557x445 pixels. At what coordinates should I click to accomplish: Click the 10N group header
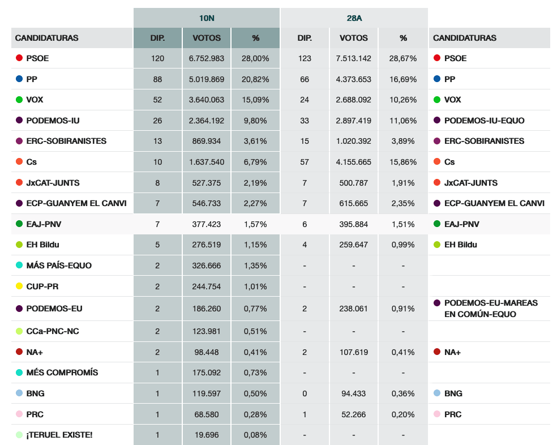(207, 18)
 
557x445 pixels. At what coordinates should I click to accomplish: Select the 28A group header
(354, 18)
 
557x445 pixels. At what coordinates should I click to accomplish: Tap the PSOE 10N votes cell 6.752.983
(207, 58)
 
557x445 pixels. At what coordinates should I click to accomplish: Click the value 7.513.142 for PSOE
(354, 58)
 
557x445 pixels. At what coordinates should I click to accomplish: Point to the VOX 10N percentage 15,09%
(255, 100)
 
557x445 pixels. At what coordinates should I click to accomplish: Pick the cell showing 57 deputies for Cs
(305, 162)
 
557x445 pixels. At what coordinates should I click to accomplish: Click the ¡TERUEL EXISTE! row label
(59, 435)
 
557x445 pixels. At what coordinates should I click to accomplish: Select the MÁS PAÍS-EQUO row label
(59, 266)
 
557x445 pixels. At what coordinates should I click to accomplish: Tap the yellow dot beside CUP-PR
(19, 286)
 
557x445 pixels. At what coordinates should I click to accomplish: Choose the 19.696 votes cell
(207, 435)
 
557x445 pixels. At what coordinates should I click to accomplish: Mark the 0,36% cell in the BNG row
(403, 393)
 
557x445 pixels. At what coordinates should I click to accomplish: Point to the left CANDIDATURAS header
(47, 38)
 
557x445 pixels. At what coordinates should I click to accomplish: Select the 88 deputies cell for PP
(157, 79)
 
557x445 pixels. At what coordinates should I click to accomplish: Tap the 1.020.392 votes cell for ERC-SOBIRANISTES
(354, 141)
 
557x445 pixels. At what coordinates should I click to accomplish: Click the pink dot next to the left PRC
(19, 414)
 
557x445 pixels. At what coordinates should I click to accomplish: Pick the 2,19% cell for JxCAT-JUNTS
(255, 183)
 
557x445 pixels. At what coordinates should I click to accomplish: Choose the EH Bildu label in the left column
(42, 245)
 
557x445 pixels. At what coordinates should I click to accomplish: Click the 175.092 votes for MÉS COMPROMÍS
(207, 373)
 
